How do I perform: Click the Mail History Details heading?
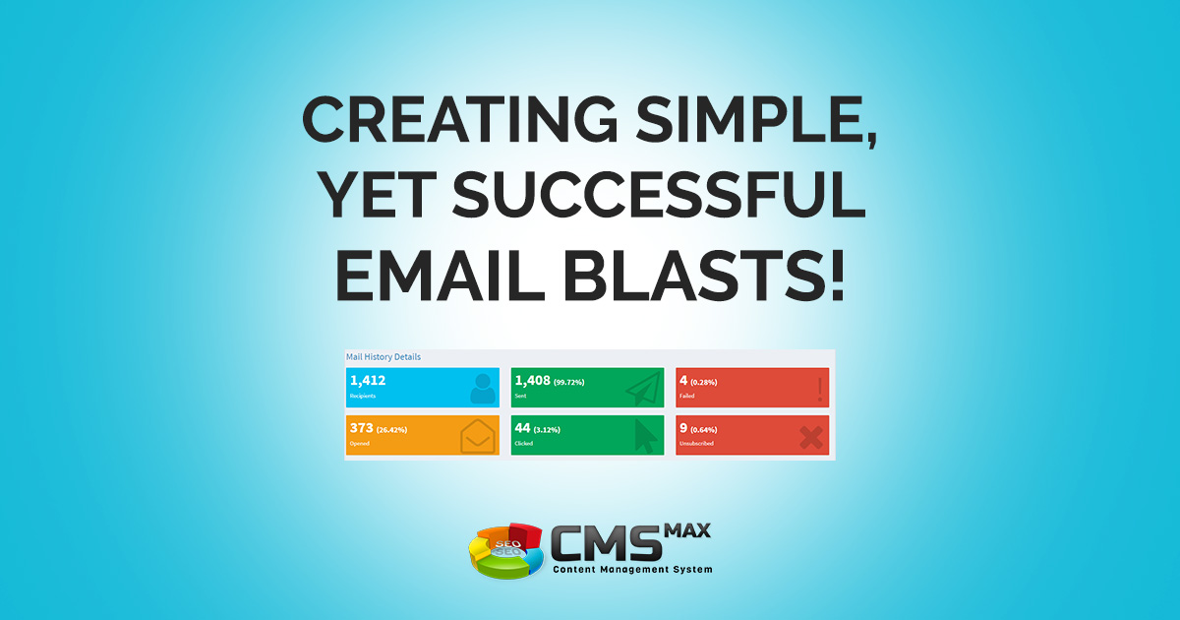tap(383, 356)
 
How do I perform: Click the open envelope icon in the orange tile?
tap(479, 436)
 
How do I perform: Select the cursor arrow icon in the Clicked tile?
tap(644, 436)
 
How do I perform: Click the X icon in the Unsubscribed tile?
tap(811, 436)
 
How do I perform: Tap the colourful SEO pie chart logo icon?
tap(505, 550)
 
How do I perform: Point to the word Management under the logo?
tap(636, 570)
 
